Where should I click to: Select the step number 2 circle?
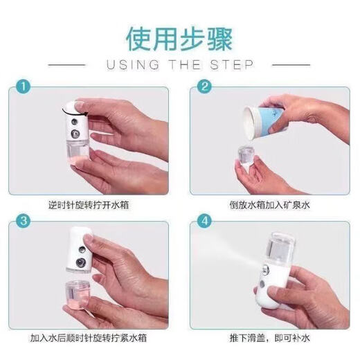204,89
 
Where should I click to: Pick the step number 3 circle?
24,222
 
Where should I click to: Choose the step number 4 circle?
204,222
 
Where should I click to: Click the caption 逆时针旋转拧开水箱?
91,205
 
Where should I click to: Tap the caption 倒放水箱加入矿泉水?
267,205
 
